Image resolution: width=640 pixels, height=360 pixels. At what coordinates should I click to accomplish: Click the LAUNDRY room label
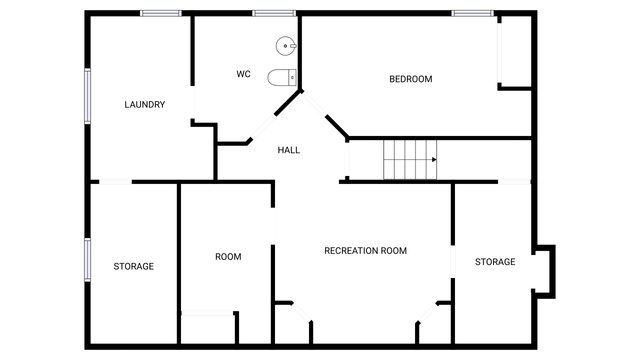point(144,104)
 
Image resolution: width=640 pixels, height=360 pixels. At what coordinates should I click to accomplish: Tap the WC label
point(243,74)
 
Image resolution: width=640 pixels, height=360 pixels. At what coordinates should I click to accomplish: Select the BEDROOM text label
point(411,79)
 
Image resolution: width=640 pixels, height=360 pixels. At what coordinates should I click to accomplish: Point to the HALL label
point(289,150)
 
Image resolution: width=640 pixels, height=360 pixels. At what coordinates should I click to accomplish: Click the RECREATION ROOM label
point(365,251)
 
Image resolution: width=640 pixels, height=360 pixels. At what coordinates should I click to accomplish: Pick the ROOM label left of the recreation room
point(228,256)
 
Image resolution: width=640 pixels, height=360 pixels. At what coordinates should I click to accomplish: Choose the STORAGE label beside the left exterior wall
point(133,266)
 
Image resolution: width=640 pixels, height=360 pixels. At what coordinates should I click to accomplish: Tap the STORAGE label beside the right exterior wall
point(495,262)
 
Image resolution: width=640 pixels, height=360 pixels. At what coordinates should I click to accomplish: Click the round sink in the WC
point(286,46)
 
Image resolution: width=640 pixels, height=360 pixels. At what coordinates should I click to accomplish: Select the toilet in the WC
point(282,78)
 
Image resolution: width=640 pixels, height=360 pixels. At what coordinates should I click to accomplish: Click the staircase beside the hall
point(410,160)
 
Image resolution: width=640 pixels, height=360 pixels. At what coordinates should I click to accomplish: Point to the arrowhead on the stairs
point(434,160)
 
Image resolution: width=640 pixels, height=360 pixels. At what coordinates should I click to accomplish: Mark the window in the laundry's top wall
point(161,13)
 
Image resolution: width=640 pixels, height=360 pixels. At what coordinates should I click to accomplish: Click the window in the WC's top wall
point(273,13)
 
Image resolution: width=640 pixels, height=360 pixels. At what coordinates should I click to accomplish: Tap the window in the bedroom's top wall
point(472,13)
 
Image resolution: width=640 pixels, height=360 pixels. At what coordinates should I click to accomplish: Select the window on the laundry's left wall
point(87,96)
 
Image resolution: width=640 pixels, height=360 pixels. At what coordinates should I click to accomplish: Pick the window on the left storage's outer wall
point(87,260)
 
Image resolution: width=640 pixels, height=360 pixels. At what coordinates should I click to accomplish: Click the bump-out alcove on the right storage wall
point(545,271)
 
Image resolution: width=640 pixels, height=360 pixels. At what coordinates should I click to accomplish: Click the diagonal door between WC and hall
point(263,127)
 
